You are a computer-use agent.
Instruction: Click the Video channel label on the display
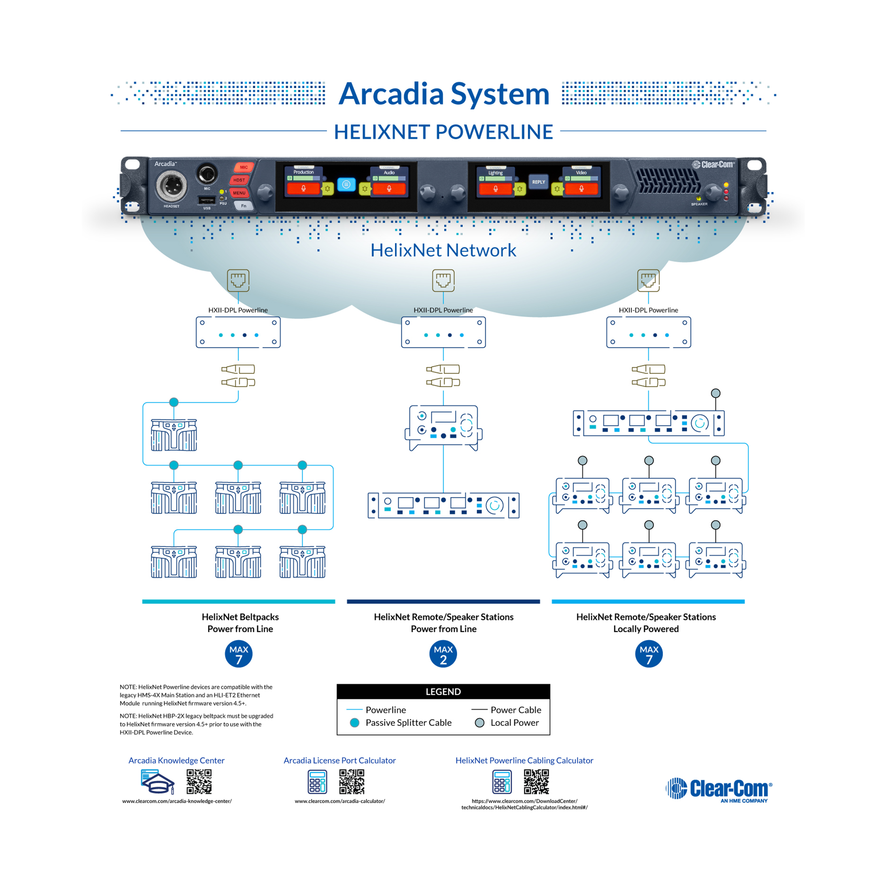tap(581, 173)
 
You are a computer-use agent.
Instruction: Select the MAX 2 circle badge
tap(443, 654)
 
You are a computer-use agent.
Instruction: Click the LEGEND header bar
tap(443, 691)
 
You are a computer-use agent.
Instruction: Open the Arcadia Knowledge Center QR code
tap(199, 781)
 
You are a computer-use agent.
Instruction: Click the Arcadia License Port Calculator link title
tap(339, 760)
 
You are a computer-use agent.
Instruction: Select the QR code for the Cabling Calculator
tap(536, 781)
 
